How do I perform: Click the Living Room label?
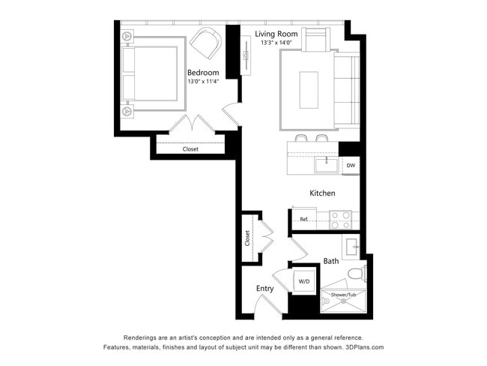click(x=276, y=34)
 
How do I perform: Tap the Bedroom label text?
click(x=203, y=73)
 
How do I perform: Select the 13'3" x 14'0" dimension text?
click(x=276, y=43)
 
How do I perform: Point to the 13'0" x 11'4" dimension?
click(x=203, y=81)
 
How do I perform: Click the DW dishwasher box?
click(x=350, y=165)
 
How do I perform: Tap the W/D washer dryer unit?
click(x=304, y=281)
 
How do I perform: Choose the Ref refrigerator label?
click(x=304, y=219)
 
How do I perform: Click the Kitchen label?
click(x=322, y=193)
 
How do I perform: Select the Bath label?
click(x=330, y=261)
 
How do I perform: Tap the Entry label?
click(x=264, y=289)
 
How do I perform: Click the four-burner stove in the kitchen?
click(x=342, y=219)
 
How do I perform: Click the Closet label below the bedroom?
click(x=190, y=148)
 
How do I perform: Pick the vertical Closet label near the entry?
click(x=247, y=238)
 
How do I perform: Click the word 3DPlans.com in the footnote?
click(x=360, y=348)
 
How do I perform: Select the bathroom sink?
click(x=353, y=245)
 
